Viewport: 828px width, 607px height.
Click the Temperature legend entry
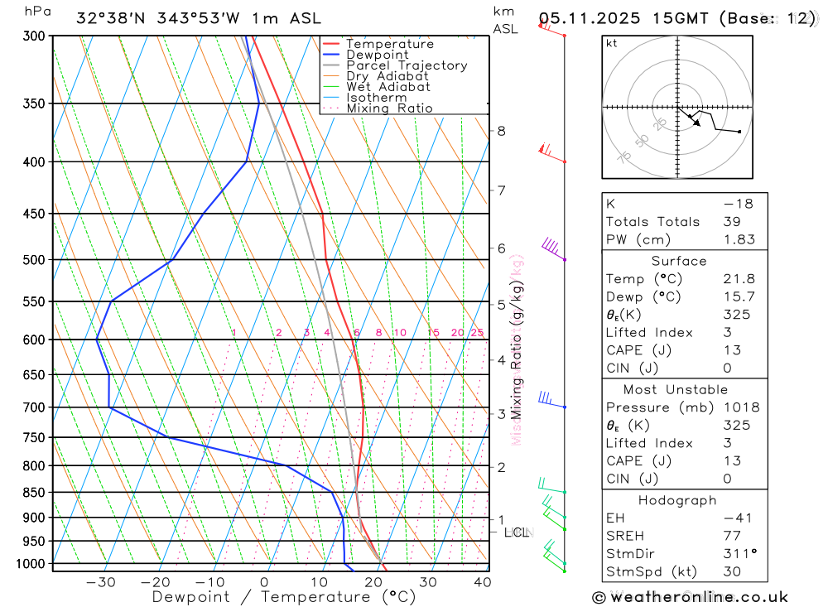(x=389, y=44)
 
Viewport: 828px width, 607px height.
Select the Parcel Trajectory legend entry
(x=407, y=65)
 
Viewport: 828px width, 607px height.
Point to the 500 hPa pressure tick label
(x=34, y=260)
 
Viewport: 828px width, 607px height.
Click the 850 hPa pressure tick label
(x=34, y=493)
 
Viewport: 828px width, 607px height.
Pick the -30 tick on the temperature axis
(x=100, y=582)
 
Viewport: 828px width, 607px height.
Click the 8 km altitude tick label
(x=501, y=131)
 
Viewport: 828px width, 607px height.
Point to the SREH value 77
(x=730, y=536)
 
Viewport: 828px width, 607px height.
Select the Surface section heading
(x=679, y=261)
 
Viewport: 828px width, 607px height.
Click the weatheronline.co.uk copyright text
(x=690, y=597)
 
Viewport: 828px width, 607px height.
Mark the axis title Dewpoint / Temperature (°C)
(x=283, y=597)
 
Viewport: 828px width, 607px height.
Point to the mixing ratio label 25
(x=477, y=333)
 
